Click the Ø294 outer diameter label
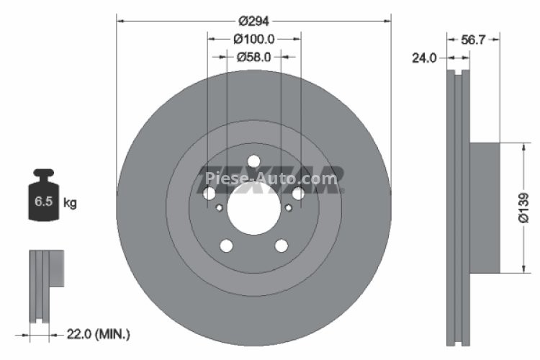click(x=253, y=21)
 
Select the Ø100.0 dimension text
click(x=253, y=38)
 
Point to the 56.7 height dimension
click(x=472, y=41)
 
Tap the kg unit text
click(x=70, y=203)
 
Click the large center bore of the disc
click(x=253, y=210)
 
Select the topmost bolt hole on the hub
click(x=253, y=161)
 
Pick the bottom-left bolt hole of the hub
click(x=226, y=246)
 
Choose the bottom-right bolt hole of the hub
click(x=282, y=246)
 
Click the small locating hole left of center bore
click(x=219, y=208)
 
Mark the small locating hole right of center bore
click(x=289, y=208)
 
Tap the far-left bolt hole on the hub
click(x=209, y=194)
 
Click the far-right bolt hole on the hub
click(x=298, y=194)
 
